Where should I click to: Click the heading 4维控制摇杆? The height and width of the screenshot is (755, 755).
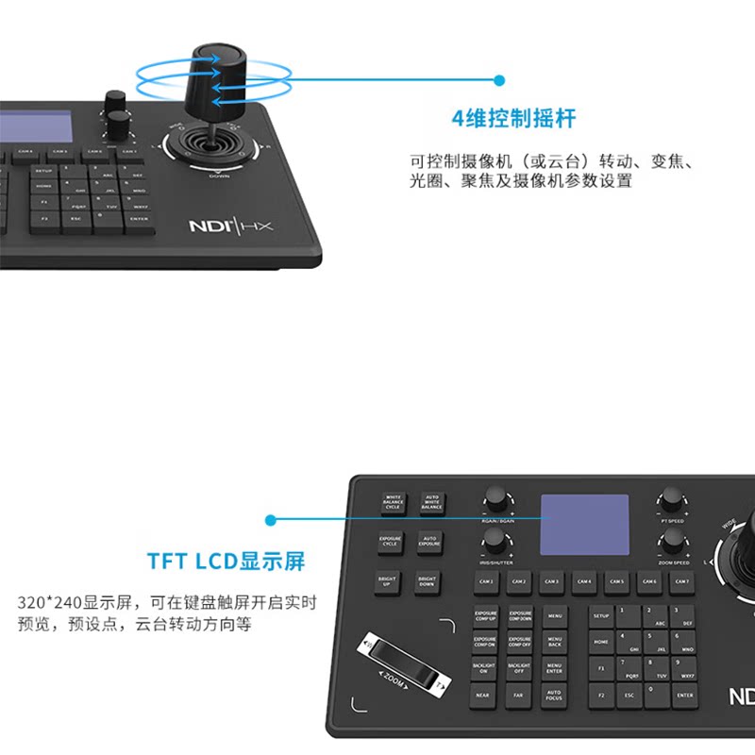point(513,119)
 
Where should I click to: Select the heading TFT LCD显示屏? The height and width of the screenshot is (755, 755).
point(226,561)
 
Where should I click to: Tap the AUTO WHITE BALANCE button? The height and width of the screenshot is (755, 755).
point(431,502)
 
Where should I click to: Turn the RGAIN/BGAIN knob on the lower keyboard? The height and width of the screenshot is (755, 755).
point(494,497)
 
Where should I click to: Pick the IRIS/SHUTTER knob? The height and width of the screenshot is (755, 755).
point(494,539)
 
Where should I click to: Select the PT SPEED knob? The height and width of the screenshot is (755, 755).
point(672,497)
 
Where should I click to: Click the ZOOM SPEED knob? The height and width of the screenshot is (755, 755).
point(673,539)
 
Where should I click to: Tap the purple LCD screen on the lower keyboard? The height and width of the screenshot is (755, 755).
point(584,525)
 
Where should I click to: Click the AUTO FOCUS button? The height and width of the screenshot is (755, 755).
point(554,695)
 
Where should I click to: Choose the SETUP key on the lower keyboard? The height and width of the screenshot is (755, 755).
point(601,615)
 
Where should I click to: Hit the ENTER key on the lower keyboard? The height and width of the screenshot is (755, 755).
point(684,695)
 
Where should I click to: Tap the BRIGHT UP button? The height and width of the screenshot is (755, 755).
point(386,583)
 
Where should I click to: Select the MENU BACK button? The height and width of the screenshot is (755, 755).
point(554,642)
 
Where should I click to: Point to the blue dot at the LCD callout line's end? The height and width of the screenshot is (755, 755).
point(271,520)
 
